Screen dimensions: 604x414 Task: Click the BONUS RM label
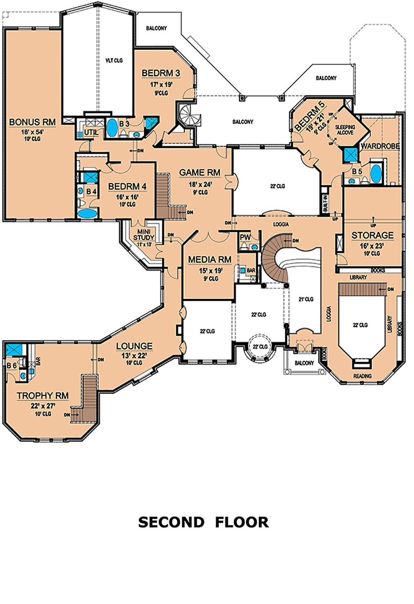click(x=32, y=122)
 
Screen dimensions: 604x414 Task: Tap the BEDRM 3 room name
click(x=161, y=73)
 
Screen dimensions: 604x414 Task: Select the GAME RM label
click(x=200, y=172)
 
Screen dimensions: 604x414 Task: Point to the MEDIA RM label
click(x=209, y=260)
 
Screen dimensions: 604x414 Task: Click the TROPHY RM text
click(x=43, y=396)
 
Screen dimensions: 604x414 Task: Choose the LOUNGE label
click(x=134, y=346)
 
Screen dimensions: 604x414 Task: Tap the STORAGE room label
click(x=372, y=235)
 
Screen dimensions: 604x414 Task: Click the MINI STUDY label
click(x=143, y=234)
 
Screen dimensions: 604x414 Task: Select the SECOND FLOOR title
click(x=203, y=522)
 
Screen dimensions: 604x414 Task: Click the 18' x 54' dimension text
click(x=32, y=132)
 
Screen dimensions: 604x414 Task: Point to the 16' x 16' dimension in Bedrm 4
click(x=127, y=197)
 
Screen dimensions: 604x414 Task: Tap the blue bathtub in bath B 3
click(x=112, y=128)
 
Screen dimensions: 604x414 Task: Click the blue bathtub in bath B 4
click(x=87, y=214)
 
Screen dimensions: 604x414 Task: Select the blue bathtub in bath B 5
click(x=376, y=174)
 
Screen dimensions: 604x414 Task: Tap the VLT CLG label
click(x=114, y=60)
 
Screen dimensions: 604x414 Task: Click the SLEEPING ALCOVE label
click(x=345, y=130)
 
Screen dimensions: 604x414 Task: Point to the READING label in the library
click(x=362, y=376)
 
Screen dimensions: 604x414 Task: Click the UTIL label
click(x=91, y=132)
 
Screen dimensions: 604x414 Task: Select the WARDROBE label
click(x=380, y=146)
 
